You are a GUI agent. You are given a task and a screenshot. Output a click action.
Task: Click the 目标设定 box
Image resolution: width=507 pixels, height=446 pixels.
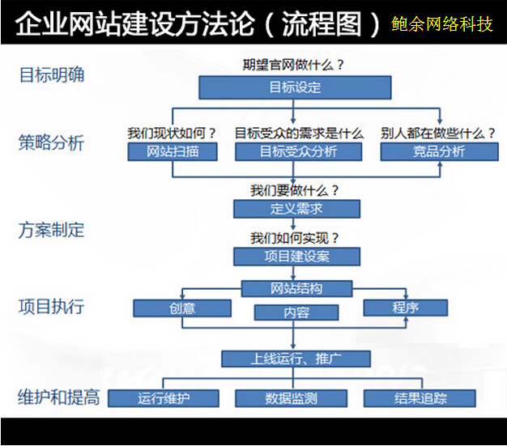click(295, 87)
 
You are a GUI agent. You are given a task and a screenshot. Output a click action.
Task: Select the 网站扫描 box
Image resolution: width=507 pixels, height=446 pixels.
click(173, 151)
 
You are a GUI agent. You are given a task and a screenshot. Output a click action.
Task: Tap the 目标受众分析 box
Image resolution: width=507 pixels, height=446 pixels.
click(298, 151)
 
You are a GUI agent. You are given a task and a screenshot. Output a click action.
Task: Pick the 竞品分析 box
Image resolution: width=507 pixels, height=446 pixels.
click(440, 151)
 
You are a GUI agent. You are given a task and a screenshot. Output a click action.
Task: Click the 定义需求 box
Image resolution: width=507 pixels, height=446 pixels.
click(296, 209)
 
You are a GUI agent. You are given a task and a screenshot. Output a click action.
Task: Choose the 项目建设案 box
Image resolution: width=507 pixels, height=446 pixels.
click(296, 257)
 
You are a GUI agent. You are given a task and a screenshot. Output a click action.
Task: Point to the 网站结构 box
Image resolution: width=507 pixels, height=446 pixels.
click(296, 289)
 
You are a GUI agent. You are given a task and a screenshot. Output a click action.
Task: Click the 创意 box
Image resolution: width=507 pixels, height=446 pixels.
click(182, 308)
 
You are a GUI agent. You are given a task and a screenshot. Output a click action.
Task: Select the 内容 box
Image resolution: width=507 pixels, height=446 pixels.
click(296, 312)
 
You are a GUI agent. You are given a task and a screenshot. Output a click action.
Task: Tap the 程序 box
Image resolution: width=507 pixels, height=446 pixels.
click(406, 308)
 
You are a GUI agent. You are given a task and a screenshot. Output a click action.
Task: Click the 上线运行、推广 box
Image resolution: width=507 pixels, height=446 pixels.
click(296, 359)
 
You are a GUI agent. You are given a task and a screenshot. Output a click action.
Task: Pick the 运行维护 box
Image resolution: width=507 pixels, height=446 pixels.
click(164, 398)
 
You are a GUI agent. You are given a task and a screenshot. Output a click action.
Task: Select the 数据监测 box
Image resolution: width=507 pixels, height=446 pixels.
click(291, 398)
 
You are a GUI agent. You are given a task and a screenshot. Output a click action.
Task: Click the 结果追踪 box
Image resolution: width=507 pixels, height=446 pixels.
click(420, 398)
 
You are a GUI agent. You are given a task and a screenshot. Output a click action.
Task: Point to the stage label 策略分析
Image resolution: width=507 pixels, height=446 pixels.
click(51, 142)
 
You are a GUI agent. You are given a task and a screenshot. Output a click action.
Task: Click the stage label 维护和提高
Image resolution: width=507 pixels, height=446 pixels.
click(59, 397)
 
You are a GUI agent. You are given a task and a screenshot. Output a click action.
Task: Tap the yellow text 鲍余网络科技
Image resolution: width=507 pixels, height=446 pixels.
click(442, 24)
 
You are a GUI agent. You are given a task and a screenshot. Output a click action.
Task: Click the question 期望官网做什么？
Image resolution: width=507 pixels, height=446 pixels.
click(293, 65)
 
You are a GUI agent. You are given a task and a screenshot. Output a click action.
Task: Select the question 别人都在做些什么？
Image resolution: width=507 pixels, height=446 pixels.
click(438, 134)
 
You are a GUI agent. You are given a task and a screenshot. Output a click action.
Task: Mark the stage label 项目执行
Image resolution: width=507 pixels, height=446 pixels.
click(51, 307)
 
